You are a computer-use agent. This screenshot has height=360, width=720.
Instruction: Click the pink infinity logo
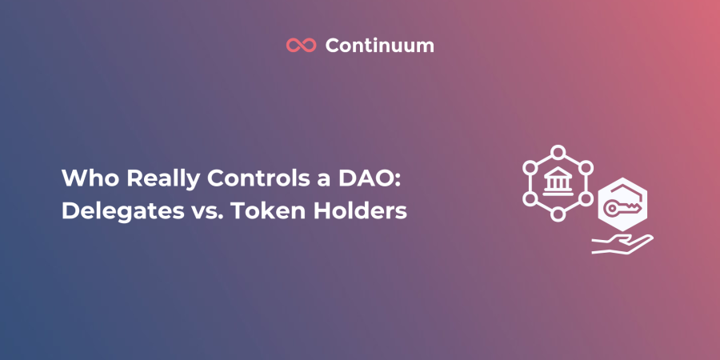[302, 45]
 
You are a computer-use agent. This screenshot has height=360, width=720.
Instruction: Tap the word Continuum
[380, 45]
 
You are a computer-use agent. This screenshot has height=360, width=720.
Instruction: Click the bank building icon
[558, 183]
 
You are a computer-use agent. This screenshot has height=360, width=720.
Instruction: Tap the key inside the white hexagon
[622, 208]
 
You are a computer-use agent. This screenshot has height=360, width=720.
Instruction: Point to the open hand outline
[622, 244]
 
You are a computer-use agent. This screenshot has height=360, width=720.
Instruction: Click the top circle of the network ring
[558, 152]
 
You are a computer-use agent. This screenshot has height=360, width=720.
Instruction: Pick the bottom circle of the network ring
[558, 214]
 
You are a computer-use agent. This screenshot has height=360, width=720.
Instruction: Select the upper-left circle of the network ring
[530, 168]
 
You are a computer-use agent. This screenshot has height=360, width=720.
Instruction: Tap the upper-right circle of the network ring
[586, 168]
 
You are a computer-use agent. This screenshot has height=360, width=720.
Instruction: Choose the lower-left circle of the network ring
[530, 199]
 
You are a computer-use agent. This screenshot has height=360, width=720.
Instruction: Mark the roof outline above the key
[622, 190]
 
